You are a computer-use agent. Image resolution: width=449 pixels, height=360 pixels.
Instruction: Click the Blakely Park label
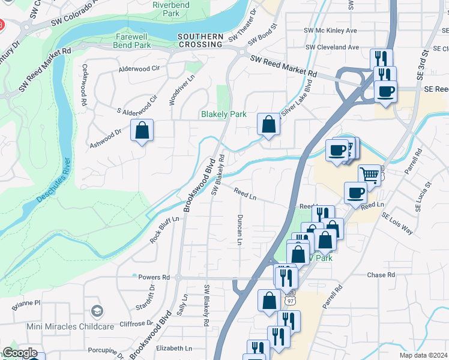click(x=223, y=114)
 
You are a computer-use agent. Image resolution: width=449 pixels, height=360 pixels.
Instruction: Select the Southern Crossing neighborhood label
click(x=200, y=40)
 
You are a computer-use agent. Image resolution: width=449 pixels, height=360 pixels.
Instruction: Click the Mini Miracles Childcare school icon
click(x=97, y=311)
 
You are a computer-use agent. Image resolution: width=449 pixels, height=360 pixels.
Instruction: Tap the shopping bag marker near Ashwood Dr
click(x=142, y=130)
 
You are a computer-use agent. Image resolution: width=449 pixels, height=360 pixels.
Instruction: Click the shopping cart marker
click(x=370, y=175)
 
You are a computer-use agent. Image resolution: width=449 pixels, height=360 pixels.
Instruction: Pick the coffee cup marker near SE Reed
click(x=385, y=92)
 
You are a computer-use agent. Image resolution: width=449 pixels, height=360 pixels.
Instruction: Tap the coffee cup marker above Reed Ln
click(x=355, y=193)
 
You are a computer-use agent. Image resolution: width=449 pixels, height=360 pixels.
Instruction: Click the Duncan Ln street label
click(x=240, y=230)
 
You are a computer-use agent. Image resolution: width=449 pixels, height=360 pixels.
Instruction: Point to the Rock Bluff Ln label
click(x=164, y=230)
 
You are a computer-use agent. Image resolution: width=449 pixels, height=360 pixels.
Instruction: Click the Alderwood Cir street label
click(x=139, y=69)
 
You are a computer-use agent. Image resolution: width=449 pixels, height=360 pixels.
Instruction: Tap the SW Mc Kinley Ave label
click(x=330, y=30)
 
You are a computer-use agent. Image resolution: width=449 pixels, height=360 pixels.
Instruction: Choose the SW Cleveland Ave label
click(x=331, y=47)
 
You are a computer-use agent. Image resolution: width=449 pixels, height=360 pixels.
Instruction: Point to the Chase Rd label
click(x=381, y=275)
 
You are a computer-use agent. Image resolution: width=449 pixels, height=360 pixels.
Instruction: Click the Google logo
click(x=20, y=353)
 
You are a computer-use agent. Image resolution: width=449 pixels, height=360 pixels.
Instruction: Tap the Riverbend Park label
click(x=166, y=8)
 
